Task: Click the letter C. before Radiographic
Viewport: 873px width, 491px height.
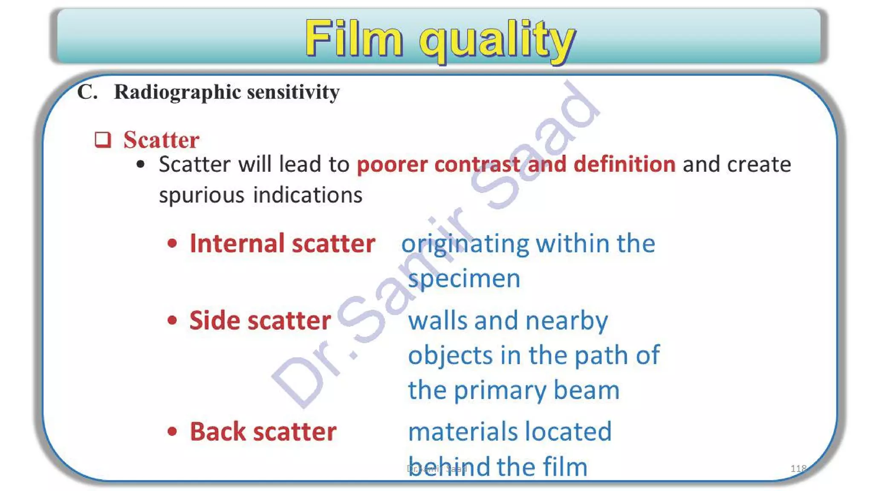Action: pyautogui.click(x=87, y=92)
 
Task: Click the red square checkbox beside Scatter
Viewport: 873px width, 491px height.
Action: pyautogui.click(x=103, y=140)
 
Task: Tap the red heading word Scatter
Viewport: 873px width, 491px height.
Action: pyautogui.click(x=161, y=140)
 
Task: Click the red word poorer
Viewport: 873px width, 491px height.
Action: pyautogui.click(x=392, y=165)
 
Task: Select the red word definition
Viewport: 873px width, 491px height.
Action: pyautogui.click(x=624, y=164)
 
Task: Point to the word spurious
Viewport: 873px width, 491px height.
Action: pyautogui.click(x=202, y=195)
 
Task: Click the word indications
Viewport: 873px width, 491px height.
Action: pyautogui.click(x=308, y=195)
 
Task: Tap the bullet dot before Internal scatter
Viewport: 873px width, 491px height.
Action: pyautogui.click(x=172, y=244)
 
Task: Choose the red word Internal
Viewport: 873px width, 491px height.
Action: pyautogui.click(x=237, y=243)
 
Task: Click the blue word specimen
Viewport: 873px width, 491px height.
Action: pyautogui.click(x=464, y=279)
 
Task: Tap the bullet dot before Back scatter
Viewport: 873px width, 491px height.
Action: pyautogui.click(x=172, y=432)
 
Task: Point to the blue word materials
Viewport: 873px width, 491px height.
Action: pyautogui.click(x=460, y=431)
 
